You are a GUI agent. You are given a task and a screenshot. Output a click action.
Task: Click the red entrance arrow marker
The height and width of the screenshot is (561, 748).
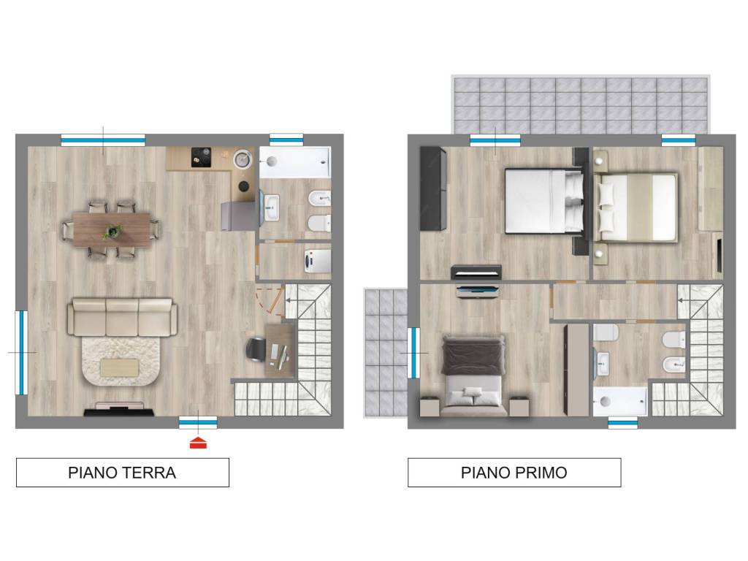198,443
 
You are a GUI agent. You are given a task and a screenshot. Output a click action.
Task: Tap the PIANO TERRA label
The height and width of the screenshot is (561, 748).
122,473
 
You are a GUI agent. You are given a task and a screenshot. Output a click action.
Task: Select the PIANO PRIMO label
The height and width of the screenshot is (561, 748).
514,473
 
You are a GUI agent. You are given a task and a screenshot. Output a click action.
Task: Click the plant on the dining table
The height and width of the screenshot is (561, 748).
112,232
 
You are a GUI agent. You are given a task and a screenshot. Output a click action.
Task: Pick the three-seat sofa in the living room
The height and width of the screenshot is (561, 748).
122,317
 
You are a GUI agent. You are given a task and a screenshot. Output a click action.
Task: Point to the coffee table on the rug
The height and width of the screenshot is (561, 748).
119,367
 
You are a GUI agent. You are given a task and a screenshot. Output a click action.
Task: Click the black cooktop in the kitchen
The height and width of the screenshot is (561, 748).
202,157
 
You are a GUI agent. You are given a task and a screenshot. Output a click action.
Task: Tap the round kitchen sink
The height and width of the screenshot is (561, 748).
243,159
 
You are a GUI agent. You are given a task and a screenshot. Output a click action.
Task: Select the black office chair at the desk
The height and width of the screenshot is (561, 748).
256,350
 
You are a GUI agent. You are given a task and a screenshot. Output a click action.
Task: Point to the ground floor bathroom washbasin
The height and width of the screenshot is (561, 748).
272,207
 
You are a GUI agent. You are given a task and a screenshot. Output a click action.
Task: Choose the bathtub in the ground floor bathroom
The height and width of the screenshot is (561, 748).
295,162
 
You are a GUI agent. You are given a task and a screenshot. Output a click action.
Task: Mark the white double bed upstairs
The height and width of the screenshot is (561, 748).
544,201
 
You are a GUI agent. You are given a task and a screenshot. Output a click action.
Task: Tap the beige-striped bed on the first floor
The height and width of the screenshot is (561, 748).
637,207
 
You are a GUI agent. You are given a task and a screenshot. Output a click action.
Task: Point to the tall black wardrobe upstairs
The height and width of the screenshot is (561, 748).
433,188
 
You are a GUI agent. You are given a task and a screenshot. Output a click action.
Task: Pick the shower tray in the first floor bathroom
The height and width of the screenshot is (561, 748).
620,401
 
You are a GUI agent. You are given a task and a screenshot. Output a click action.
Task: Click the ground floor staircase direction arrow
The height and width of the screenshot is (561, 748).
291,300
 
